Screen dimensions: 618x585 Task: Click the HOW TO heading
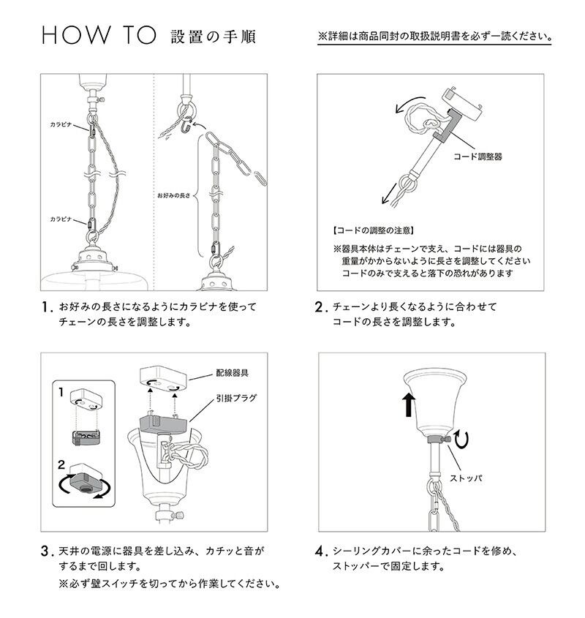point(99,37)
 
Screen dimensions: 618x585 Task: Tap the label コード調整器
point(478,157)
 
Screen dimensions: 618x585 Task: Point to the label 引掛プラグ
point(235,399)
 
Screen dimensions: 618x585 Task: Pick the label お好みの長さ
point(174,197)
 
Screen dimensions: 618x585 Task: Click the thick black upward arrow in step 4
point(408,404)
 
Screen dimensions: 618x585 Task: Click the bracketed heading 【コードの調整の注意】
point(370,230)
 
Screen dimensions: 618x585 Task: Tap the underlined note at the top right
point(435,36)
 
